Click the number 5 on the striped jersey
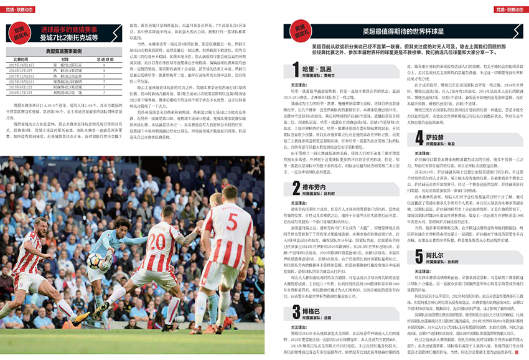click(231, 220)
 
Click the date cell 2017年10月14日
click(26, 64)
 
